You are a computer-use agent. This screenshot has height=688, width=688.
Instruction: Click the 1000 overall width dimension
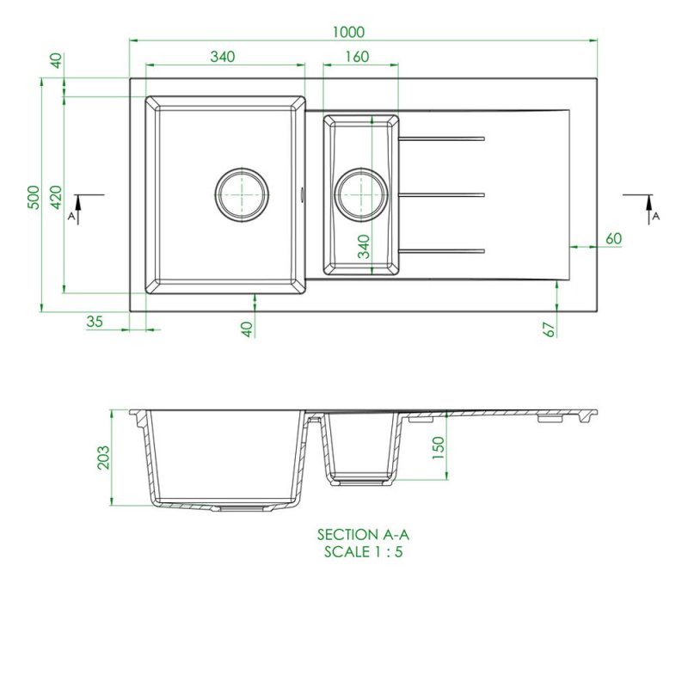pyautogui.click(x=348, y=32)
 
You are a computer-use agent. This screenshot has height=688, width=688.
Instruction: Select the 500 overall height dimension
pyautogui.click(x=34, y=198)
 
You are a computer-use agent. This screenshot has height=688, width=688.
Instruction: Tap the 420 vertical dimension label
pyautogui.click(x=56, y=198)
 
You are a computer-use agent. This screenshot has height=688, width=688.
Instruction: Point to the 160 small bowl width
pyautogui.click(x=357, y=57)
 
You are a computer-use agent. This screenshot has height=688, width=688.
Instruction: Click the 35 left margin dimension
pyautogui.click(x=95, y=322)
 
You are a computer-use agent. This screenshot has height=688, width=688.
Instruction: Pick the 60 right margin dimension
pyautogui.click(x=613, y=238)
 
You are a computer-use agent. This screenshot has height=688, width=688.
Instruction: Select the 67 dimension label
pyautogui.click(x=549, y=329)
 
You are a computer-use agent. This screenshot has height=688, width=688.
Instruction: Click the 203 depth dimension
pyautogui.click(x=103, y=458)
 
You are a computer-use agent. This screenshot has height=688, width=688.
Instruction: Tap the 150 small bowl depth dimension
pyautogui.click(x=439, y=448)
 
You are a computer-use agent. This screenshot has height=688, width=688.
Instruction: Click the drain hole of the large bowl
pyautogui.click(x=242, y=195)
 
